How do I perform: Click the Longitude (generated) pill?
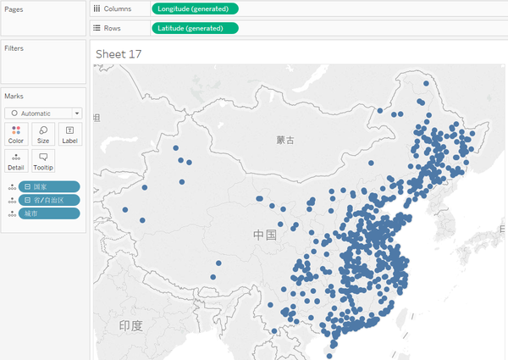(195, 8)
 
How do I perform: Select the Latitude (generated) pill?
(195, 28)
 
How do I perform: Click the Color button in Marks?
(16, 134)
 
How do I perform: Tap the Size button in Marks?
(43, 134)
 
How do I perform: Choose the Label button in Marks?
(69, 134)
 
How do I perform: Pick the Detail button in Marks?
(16, 161)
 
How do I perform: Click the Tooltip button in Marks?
(43, 161)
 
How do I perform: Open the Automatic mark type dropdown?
(42, 113)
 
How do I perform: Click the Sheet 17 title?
(118, 54)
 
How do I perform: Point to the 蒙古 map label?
(285, 139)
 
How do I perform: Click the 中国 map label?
(265, 234)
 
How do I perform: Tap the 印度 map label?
(131, 325)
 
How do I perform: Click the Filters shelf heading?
(14, 48)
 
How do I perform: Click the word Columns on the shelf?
(118, 8)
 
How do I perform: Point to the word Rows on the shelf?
(113, 28)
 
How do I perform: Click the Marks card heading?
(14, 97)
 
